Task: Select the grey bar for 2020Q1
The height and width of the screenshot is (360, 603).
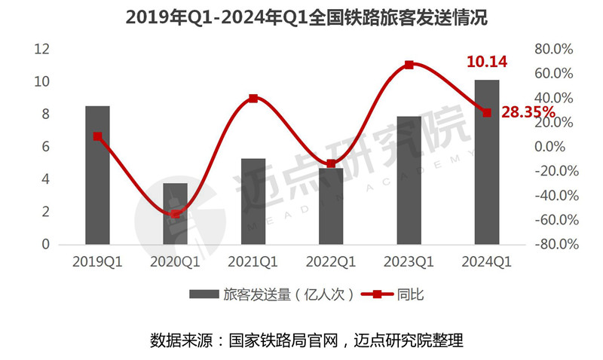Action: point(175,215)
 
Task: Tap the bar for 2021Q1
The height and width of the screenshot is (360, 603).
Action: point(253,202)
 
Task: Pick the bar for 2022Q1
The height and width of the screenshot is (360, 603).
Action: point(331,207)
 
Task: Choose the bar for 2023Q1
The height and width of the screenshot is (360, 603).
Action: point(409,181)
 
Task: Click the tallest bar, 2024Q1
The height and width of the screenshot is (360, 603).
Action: point(486,162)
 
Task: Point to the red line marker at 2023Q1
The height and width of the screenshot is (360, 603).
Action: point(409,66)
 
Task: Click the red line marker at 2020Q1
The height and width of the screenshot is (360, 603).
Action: point(176,214)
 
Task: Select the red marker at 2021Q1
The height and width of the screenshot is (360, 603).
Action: point(253,99)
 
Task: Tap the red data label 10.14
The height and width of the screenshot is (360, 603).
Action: point(486,63)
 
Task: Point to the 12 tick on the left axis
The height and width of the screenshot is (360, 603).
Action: point(42,49)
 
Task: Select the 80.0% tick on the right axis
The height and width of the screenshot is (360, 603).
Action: point(554,49)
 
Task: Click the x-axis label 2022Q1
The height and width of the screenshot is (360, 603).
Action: point(331,262)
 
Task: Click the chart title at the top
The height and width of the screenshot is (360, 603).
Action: point(301,17)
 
